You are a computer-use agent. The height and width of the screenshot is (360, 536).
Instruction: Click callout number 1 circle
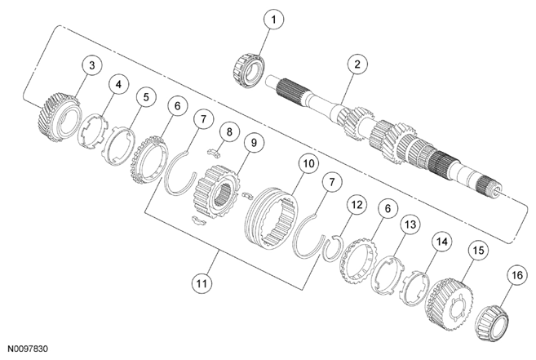click(x=274, y=18)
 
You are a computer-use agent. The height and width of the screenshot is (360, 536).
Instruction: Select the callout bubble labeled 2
click(x=353, y=64)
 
